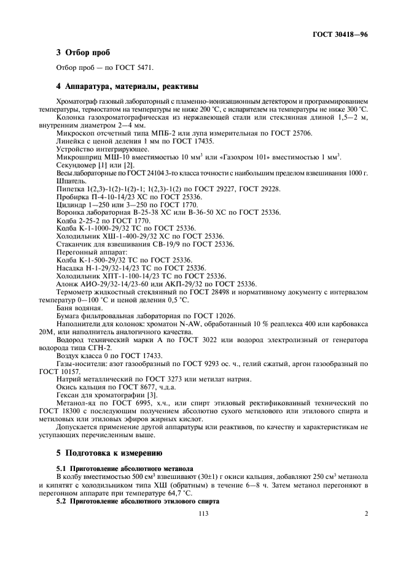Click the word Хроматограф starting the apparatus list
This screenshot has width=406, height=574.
tap(74, 100)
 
